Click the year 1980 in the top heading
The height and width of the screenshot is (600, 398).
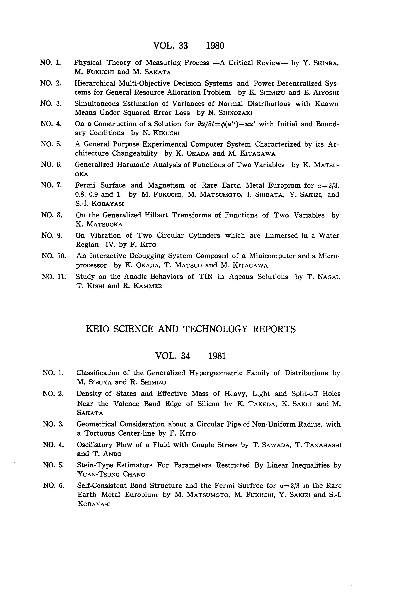pyautogui.click(x=215, y=46)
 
